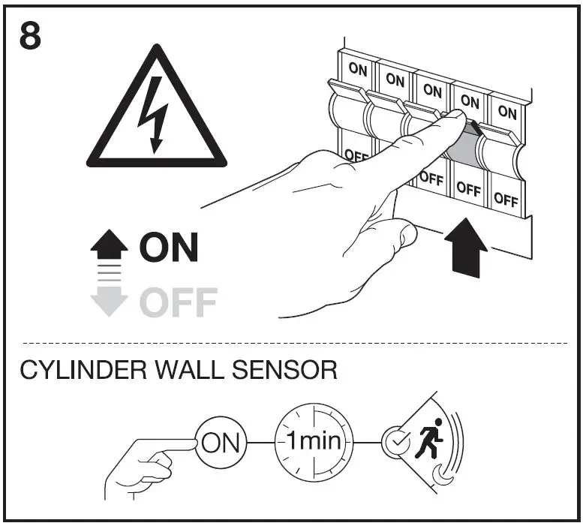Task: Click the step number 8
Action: (30, 35)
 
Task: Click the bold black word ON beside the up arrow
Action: (169, 248)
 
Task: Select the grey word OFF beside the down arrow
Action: (178, 302)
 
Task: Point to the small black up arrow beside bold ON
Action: (110, 243)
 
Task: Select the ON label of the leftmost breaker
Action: (357, 69)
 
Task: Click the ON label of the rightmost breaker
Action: (507, 113)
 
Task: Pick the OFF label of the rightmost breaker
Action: (506, 200)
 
